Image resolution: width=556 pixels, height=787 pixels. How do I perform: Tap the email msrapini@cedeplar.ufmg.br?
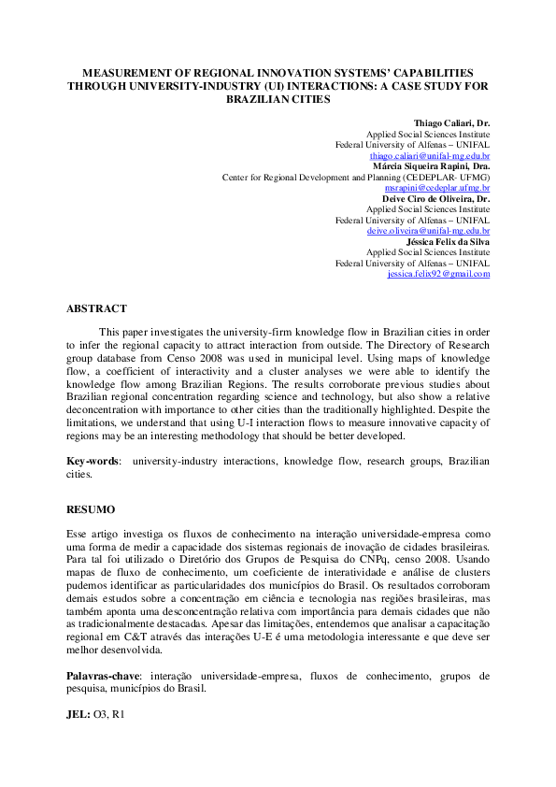click(438, 187)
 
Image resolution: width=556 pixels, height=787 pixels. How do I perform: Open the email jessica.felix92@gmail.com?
click(438, 274)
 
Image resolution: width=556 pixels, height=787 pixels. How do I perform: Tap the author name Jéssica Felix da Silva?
click(449, 241)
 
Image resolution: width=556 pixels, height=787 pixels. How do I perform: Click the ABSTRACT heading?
click(96, 308)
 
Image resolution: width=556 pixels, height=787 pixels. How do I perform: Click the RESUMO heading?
click(91, 510)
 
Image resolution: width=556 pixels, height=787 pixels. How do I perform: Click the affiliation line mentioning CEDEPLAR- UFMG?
click(355, 177)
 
